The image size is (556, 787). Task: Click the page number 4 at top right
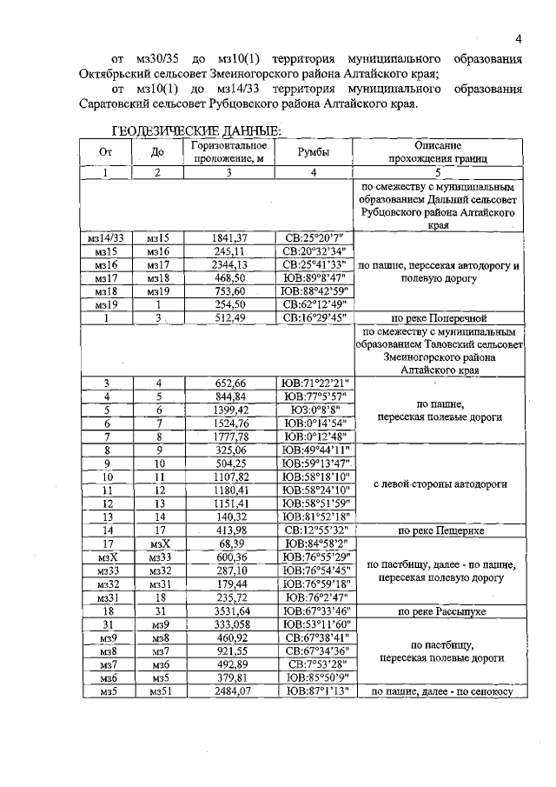click(x=518, y=39)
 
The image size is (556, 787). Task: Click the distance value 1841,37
click(x=229, y=237)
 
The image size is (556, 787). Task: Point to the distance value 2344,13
click(x=229, y=264)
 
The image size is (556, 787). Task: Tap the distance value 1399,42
click(x=229, y=409)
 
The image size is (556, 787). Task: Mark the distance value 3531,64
click(x=229, y=611)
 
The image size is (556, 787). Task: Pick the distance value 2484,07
click(x=229, y=692)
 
